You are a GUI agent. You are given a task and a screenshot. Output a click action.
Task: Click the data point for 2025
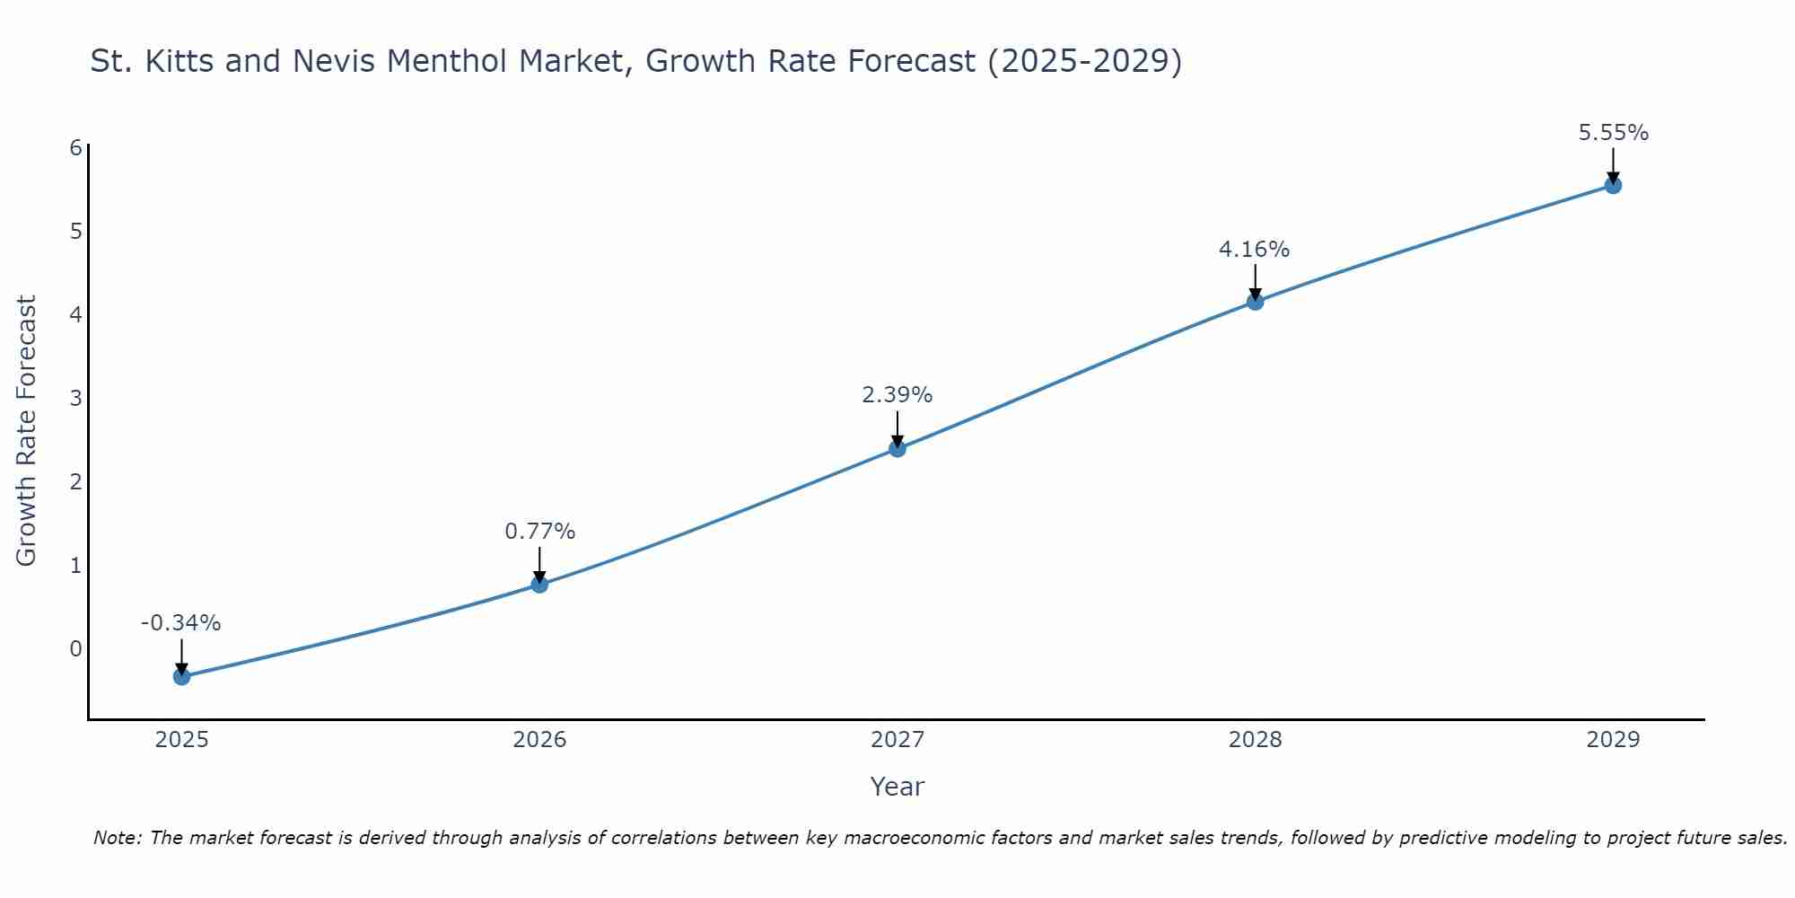coord(181,676)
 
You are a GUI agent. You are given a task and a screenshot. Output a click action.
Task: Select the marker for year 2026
coord(539,585)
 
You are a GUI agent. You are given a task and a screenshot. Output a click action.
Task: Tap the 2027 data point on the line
coord(897,448)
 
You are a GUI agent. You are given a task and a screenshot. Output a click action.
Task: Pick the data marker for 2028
coord(1256,302)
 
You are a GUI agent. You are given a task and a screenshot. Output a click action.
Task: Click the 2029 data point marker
coord(1613,186)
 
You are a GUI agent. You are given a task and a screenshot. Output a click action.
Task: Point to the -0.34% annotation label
coord(180,622)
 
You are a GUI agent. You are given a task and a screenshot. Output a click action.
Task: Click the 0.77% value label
coord(539,531)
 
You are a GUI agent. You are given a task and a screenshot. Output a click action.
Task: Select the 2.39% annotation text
coord(897,394)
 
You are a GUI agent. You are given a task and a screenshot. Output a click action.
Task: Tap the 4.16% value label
coord(1254,249)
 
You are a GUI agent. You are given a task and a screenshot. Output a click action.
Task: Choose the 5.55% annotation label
coord(1613,133)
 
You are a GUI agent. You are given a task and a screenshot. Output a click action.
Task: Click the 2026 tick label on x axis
coord(539,740)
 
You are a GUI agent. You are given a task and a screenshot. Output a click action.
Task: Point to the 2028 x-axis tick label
coord(1256,740)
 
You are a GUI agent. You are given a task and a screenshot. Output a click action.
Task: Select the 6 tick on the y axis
coord(75,147)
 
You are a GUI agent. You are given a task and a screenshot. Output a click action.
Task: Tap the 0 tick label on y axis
coord(75,648)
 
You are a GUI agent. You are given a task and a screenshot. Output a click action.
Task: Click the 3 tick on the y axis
coord(75,398)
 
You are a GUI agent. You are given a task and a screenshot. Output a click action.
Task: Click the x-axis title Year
coord(897,787)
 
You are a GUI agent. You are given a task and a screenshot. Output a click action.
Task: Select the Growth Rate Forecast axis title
coord(27,431)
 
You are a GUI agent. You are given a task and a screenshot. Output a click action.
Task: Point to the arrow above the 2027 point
coord(897,427)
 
